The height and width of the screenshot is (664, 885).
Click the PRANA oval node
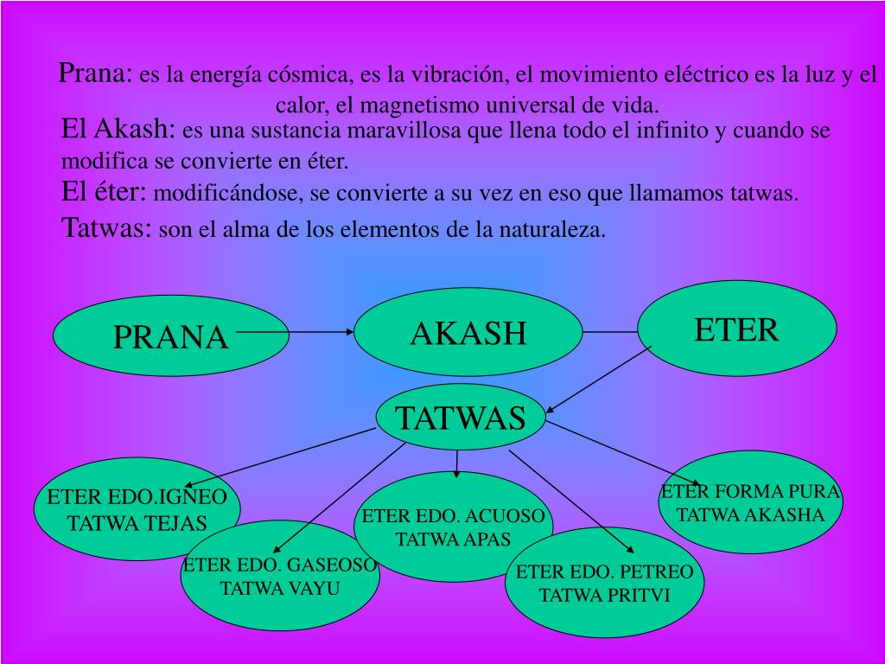click(x=143, y=337)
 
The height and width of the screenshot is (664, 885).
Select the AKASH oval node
click(x=468, y=332)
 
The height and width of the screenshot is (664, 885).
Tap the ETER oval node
click(x=737, y=329)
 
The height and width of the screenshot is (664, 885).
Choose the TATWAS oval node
click(x=461, y=418)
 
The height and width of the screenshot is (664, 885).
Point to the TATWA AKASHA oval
click(x=750, y=503)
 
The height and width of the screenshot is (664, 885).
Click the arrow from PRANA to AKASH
click(x=294, y=331)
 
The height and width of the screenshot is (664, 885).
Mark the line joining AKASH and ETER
click(x=610, y=331)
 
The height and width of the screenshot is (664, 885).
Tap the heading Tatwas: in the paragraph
click(x=107, y=229)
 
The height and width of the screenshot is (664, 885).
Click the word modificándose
click(x=225, y=194)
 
